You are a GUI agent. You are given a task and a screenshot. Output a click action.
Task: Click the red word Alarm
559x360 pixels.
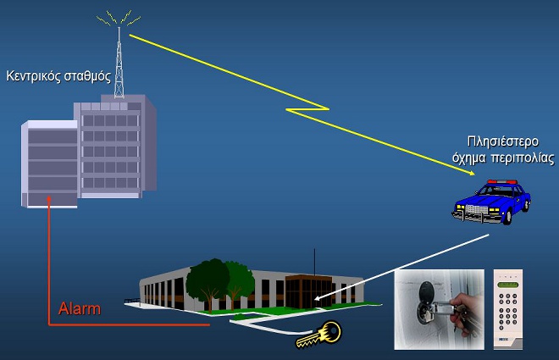(x=80, y=308)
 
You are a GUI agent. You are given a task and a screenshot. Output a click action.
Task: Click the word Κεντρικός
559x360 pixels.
(x=34, y=76)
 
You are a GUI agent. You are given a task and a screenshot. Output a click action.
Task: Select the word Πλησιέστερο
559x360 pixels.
(x=502, y=141)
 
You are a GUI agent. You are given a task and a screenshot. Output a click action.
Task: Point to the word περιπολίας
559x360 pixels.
(x=523, y=158)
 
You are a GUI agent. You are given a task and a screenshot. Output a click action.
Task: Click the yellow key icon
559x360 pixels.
(x=318, y=335)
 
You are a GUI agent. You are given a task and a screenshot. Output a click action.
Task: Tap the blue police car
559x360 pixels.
(x=491, y=202)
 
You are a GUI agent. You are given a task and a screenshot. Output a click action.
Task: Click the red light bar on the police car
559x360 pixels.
(x=502, y=182)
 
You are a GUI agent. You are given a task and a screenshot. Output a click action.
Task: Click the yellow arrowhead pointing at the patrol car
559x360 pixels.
(x=472, y=173)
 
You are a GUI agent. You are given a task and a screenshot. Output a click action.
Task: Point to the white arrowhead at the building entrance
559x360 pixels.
(x=318, y=297)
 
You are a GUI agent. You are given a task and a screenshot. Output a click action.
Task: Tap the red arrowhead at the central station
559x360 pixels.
(x=49, y=198)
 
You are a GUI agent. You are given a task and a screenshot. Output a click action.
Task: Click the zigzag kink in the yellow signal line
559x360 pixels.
(x=307, y=109)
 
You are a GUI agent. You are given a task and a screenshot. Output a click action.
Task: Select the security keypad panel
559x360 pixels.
(x=507, y=309)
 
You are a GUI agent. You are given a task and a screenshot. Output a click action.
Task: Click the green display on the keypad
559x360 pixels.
(x=507, y=285)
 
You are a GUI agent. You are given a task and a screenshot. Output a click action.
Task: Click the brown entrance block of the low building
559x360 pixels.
(x=308, y=291)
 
